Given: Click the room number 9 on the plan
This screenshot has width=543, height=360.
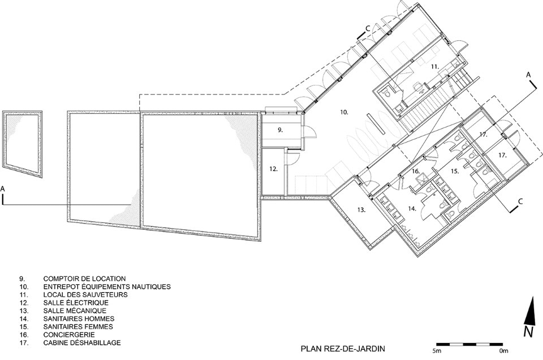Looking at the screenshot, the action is pyautogui.click(x=280, y=130).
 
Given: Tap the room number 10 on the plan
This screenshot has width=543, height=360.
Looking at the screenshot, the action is pyautogui.click(x=344, y=112).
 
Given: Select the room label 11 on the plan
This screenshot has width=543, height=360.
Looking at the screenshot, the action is pyautogui.click(x=435, y=67).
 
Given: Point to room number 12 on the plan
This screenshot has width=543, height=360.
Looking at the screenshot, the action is pyautogui.click(x=274, y=169).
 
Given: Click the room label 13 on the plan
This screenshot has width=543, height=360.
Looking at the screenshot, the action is pyautogui.click(x=361, y=209).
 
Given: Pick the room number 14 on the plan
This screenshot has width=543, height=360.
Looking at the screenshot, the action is pyautogui.click(x=412, y=209).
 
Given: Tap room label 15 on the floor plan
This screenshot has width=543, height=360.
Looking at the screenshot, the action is pyautogui.click(x=455, y=171).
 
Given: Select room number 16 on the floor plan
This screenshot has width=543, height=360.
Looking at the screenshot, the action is pyautogui.click(x=416, y=171).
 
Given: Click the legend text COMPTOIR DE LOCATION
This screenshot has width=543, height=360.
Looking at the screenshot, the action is pyautogui.click(x=84, y=278).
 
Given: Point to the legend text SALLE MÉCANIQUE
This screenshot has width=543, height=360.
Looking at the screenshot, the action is pyautogui.click(x=75, y=311).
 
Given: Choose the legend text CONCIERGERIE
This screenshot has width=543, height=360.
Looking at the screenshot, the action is pyautogui.click(x=69, y=335).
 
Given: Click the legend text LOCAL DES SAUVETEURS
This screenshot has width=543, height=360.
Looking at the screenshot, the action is pyautogui.click(x=85, y=295).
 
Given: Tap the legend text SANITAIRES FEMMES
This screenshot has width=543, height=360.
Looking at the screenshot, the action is pyautogui.click(x=78, y=327).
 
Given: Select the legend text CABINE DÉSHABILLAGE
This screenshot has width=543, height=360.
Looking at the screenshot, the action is pyautogui.click(x=82, y=342).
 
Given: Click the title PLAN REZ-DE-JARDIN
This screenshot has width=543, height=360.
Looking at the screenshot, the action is pyautogui.click(x=343, y=349).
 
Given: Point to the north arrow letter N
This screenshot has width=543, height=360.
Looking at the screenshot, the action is pyautogui.click(x=528, y=332).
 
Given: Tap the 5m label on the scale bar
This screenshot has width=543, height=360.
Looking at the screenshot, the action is pyautogui.click(x=436, y=351).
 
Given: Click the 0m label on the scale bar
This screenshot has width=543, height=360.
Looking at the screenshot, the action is pyautogui.click(x=504, y=351).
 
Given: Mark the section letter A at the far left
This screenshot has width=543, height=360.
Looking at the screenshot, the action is pyautogui.click(x=3, y=189).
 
